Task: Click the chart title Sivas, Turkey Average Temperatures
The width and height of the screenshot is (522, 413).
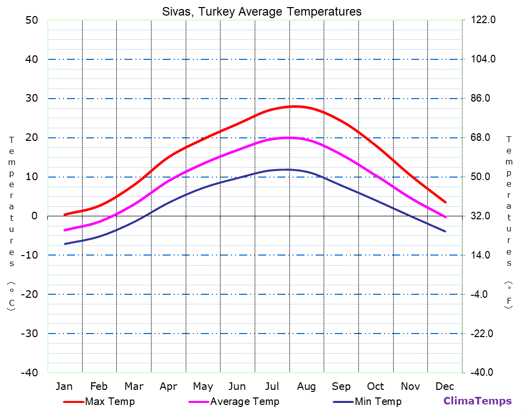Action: (x=261, y=12)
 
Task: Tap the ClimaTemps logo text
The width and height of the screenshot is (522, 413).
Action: (x=477, y=401)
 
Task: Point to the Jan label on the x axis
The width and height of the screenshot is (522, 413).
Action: (x=64, y=386)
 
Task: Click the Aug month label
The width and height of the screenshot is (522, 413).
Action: (x=306, y=386)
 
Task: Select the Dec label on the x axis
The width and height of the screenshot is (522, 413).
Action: (x=445, y=386)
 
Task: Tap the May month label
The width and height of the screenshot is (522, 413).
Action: (x=203, y=386)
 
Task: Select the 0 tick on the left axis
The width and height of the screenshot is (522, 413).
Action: (x=34, y=216)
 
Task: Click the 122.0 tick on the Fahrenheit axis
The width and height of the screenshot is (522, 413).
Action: (x=483, y=20)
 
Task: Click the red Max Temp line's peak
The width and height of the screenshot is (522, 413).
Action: (x=295, y=106)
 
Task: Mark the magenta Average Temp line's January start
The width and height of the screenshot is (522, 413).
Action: (x=64, y=230)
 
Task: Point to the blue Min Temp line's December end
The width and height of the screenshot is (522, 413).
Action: (x=445, y=231)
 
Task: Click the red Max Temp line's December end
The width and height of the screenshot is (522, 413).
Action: (x=445, y=202)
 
